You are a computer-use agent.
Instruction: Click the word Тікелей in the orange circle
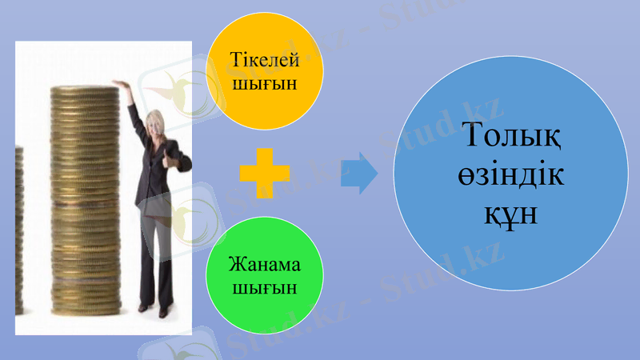coord(265,62)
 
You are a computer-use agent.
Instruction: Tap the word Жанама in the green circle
coord(265,265)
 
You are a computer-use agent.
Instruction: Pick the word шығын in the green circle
coord(265,286)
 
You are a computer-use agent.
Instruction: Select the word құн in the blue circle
coord(510,214)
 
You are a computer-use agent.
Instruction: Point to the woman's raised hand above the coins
coord(121,83)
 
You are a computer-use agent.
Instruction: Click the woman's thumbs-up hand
coord(170,161)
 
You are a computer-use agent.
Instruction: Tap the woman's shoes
coord(153,308)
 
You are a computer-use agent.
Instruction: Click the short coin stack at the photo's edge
coord(20,232)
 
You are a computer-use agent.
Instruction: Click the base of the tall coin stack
coord(83,308)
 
